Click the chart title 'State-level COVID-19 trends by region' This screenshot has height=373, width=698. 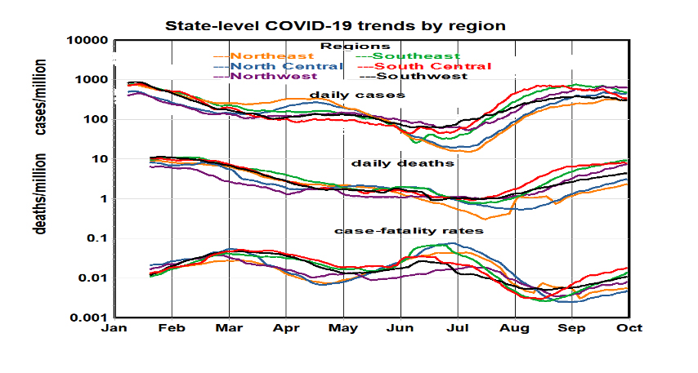point(336,25)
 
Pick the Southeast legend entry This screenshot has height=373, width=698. point(402,56)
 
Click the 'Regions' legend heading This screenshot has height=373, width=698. point(355,46)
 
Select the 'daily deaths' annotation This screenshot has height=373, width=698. point(390,163)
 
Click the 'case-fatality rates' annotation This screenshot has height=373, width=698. point(409,231)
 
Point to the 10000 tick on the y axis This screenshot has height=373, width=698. point(87,41)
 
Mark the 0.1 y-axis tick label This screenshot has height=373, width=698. point(97,238)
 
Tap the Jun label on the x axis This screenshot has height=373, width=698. point(400,328)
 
